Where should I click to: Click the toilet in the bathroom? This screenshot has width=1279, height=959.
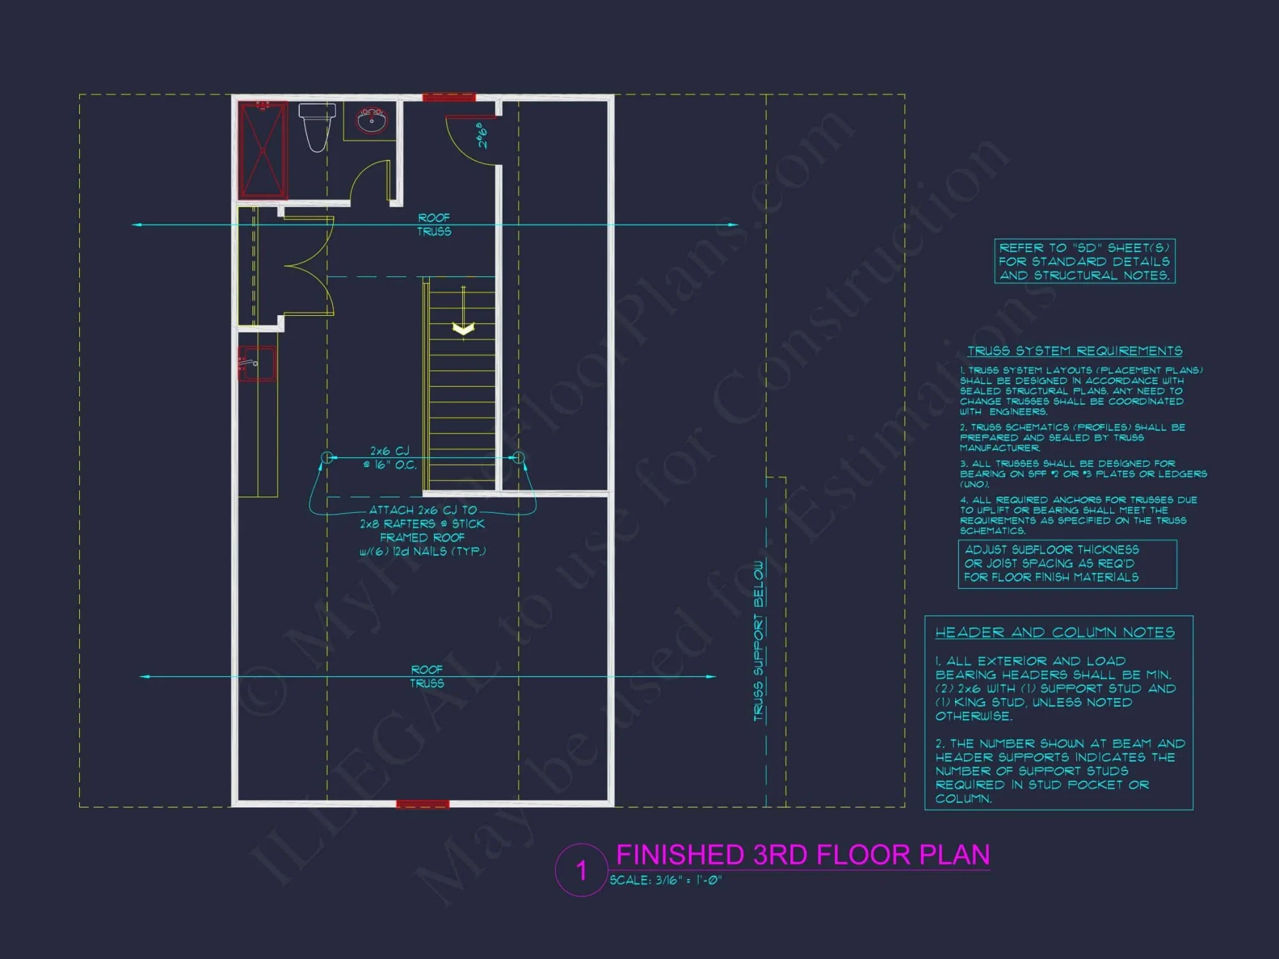[x=317, y=127]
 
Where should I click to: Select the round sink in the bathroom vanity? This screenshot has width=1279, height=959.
[x=372, y=120]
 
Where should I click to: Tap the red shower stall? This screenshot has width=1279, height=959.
[x=263, y=150]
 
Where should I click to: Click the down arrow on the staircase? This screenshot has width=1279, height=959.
[x=463, y=329]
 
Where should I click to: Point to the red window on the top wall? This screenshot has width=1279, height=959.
[x=449, y=97]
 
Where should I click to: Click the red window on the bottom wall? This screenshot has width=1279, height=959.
[x=423, y=804]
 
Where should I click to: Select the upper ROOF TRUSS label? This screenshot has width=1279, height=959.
[x=434, y=225]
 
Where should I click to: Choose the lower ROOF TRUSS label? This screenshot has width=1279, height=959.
[x=427, y=676]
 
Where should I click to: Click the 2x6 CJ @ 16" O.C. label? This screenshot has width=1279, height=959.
[x=389, y=458]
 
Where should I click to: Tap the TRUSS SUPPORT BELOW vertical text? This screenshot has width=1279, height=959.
[x=759, y=641]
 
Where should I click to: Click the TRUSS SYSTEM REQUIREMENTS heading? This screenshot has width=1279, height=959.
[x=1074, y=351]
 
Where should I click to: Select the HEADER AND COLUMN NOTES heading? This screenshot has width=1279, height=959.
[x=1055, y=632]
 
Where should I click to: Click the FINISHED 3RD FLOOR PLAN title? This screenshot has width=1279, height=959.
[x=803, y=855]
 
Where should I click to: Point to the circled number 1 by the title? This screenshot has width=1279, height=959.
[x=581, y=870]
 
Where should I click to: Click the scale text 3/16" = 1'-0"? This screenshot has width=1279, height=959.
[x=665, y=880]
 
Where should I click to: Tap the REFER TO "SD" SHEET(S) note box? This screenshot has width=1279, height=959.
[x=1085, y=261]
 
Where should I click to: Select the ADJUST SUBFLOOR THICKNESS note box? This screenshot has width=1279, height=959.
[x=1067, y=564]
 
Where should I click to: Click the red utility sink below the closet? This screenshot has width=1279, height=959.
[x=256, y=364]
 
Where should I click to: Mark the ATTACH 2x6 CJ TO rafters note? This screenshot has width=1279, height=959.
[x=423, y=531]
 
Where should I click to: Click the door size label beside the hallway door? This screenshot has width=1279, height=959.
[x=482, y=136]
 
